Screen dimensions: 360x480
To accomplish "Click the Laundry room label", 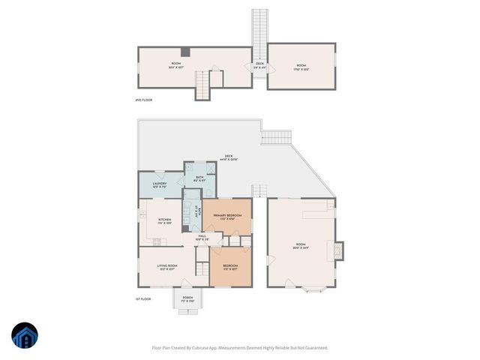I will click(159, 184).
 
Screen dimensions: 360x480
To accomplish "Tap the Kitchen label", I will click(165, 220).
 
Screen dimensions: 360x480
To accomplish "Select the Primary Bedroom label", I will click(227, 217).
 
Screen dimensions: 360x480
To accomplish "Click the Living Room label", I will click(166, 267).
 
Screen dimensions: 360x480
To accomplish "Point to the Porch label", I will click(187, 298).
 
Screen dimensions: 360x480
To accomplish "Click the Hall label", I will click(202, 238).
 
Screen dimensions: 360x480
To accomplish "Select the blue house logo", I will click(25, 335).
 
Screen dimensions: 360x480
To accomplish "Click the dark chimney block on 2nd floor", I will click(185, 52).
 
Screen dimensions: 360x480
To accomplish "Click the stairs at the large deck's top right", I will click(275, 137).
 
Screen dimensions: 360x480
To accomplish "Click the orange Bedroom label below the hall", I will click(230, 267).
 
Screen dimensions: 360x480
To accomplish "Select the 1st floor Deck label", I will click(227, 157).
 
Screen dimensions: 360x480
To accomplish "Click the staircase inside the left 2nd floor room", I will click(202, 84).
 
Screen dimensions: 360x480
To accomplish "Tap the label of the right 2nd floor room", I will click(301, 67).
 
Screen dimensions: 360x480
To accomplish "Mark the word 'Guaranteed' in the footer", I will click(313, 347).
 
